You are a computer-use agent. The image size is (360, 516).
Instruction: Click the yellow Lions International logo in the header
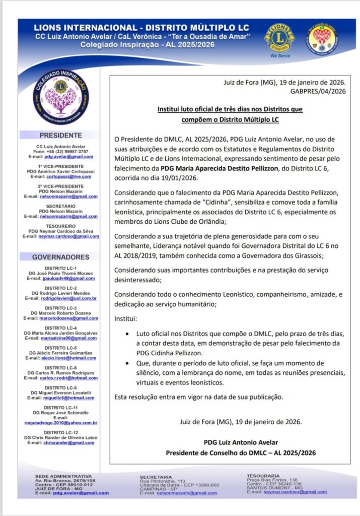(280, 38)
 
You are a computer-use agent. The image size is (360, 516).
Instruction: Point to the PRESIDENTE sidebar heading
(60, 136)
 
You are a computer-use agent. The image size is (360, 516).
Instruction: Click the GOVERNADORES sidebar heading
(60, 257)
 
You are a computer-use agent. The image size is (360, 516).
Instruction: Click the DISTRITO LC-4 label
(60, 328)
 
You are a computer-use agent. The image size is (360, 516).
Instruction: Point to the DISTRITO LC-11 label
(60, 407)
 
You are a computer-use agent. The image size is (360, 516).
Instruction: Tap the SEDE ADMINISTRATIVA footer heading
(62, 476)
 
